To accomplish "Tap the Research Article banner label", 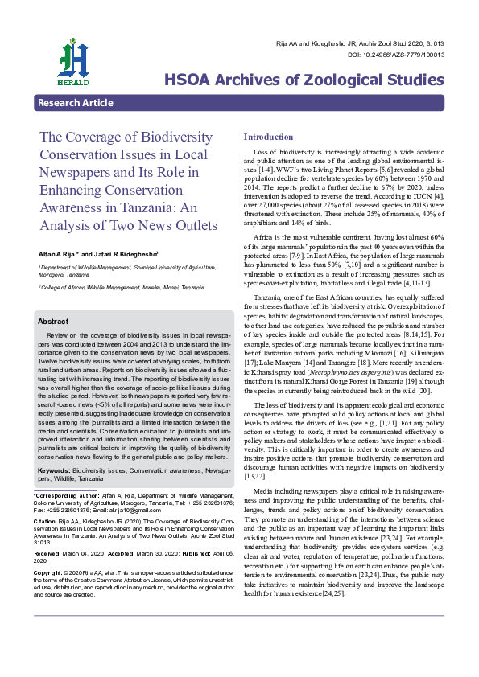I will [x=75, y=103].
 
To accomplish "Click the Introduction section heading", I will [x=268, y=137].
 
